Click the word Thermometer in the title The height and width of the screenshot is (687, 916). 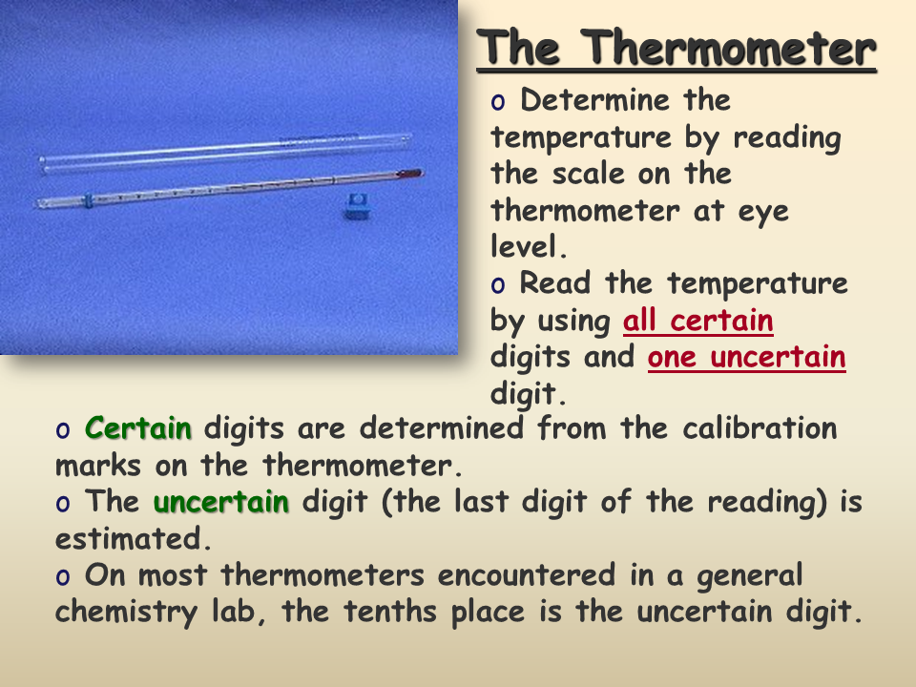pos(730,48)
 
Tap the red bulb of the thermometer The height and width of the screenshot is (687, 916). pos(409,174)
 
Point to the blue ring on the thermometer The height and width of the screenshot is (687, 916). pos(88,199)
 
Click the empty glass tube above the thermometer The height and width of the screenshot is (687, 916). pos(225,152)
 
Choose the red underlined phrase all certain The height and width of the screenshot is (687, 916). pos(698,321)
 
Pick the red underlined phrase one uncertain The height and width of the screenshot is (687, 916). pos(746,356)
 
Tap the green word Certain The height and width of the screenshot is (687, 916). pos(138,427)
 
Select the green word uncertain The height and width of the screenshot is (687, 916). pos(220,501)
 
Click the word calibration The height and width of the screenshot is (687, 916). pos(760,427)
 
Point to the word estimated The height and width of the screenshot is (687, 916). pos(133,537)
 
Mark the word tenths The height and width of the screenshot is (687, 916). pos(389,611)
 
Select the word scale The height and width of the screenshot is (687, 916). pos(589,173)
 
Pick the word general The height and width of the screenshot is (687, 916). pos(750,576)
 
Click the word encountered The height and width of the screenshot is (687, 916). pos(527,574)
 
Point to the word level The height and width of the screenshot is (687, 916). pos(529,246)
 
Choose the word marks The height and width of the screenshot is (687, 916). pos(97,465)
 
